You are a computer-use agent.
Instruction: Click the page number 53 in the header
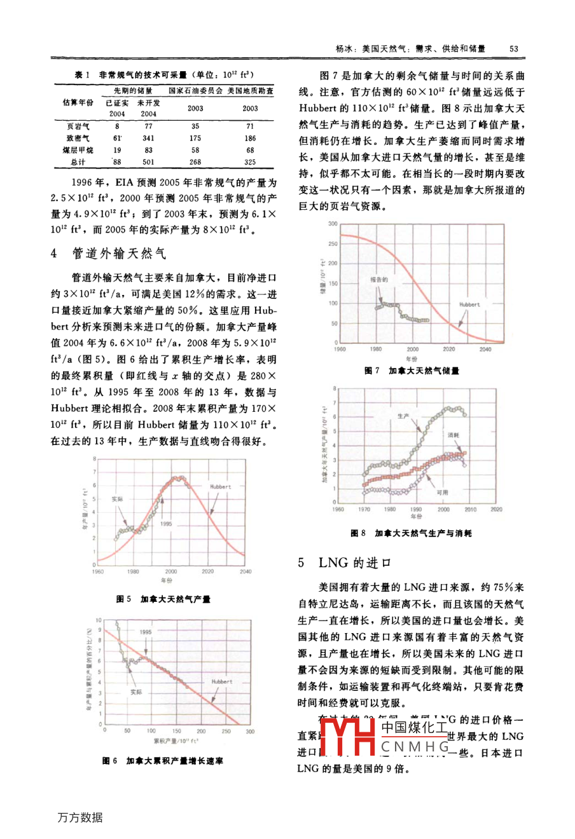click(514, 48)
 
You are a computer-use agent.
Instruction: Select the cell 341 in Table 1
click(148, 138)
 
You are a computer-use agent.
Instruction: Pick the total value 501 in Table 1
click(148, 162)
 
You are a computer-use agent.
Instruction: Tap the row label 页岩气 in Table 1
click(78, 126)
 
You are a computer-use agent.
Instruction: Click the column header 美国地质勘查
click(250, 91)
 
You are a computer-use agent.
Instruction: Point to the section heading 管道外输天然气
click(119, 254)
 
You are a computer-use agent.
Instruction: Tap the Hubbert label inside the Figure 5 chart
click(220, 487)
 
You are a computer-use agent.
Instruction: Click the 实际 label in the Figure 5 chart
click(117, 500)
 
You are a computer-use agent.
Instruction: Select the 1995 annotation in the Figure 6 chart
click(146, 632)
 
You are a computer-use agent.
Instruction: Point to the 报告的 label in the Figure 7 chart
click(379, 280)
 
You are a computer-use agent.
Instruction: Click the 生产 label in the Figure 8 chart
click(403, 416)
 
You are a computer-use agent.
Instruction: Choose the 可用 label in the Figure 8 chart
click(442, 493)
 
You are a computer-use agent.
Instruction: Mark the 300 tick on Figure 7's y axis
click(333, 224)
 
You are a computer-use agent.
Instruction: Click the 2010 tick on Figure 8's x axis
click(470, 509)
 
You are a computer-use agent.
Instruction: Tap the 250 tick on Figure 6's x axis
click(226, 731)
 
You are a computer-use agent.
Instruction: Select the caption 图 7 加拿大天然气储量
click(412, 371)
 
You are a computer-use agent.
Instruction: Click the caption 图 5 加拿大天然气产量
click(163, 599)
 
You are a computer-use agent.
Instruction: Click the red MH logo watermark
click(347, 737)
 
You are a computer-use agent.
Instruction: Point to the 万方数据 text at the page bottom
click(80, 817)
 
